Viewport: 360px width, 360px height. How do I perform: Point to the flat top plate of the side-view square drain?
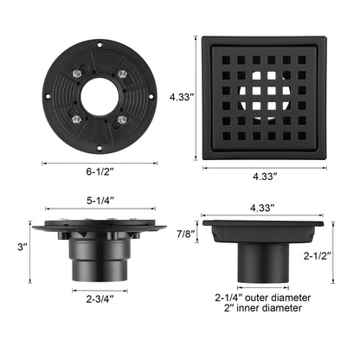tap(263, 224)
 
